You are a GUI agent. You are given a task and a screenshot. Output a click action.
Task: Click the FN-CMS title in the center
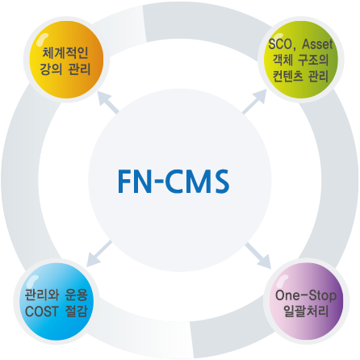(174, 181)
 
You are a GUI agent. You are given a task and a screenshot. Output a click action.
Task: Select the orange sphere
(66, 60)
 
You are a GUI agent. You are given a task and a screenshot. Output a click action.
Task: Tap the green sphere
(301, 60)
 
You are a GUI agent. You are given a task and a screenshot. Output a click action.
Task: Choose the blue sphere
(57, 301)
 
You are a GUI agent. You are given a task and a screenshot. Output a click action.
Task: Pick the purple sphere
(307, 301)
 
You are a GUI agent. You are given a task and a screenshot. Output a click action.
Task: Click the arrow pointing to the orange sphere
(108, 103)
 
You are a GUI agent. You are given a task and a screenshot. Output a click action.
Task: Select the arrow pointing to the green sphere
(254, 102)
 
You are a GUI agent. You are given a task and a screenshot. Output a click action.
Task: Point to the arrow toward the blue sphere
(99, 253)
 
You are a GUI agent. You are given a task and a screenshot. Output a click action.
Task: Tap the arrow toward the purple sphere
(257, 255)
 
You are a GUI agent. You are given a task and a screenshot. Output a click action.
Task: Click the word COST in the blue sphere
(42, 312)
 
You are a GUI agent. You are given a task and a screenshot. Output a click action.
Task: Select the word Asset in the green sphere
(317, 44)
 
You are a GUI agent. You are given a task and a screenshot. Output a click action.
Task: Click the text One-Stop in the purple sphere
(306, 295)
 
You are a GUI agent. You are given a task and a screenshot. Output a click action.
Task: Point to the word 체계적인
(65, 52)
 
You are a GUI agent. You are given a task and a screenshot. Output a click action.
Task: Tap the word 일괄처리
(306, 312)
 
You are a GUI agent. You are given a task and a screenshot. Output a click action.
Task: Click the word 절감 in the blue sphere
(77, 312)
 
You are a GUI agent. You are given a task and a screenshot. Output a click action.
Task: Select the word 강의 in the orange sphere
(51, 69)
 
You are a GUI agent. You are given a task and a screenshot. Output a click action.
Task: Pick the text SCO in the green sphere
(280, 44)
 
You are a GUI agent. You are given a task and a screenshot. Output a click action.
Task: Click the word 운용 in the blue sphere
(77, 295)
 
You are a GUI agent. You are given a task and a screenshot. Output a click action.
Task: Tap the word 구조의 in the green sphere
(313, 60)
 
